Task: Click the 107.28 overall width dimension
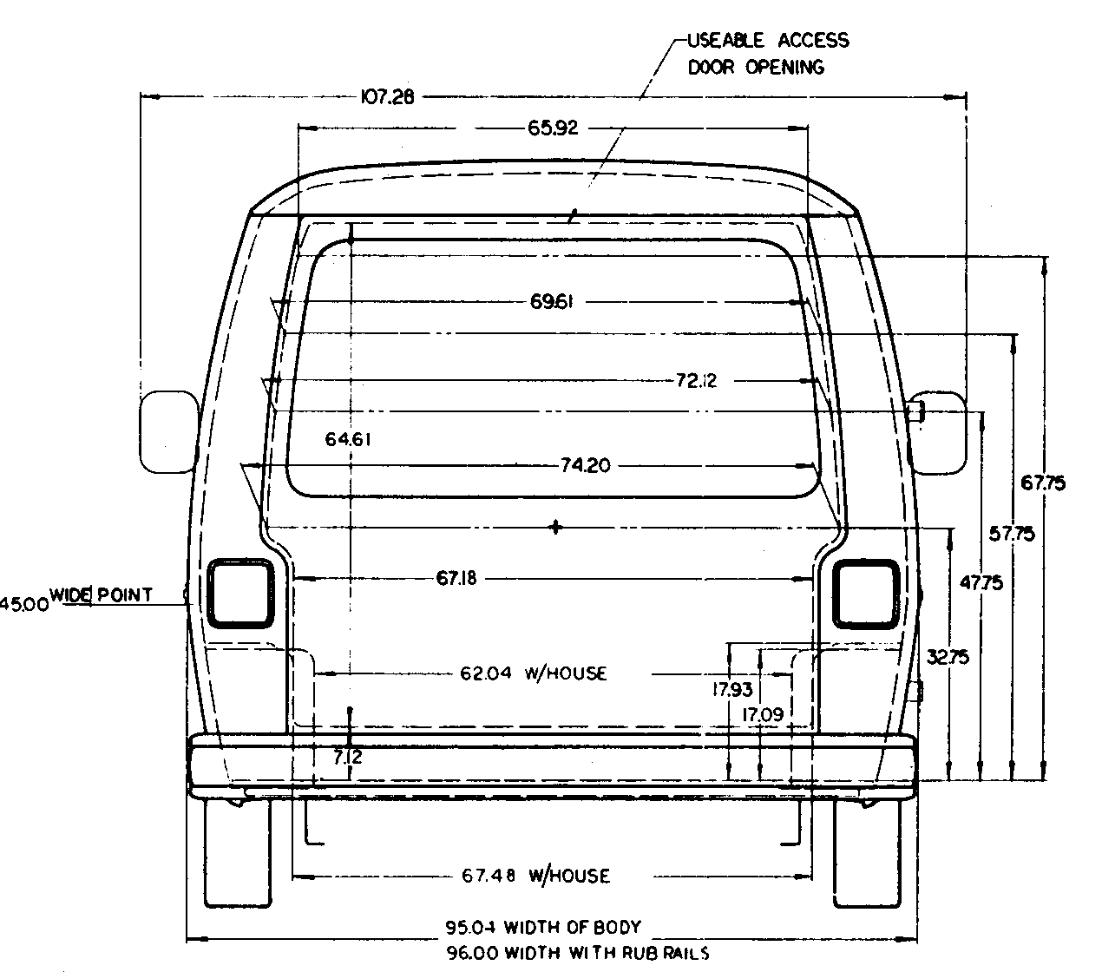click(x=387, y=96)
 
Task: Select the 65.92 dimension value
click(x=553, y=128)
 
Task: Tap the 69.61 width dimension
click(x=553, y=302)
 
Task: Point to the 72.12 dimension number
click(x=696, y=380)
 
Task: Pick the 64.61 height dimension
click(x=349, y=439)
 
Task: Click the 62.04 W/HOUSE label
click(x=533, y=673)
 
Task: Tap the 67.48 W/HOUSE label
click(x=535, y=876)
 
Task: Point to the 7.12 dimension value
click(x=348, y=757)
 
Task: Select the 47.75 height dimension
click(x=981, y=583)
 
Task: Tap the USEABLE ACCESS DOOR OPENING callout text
click(x=767, y=54)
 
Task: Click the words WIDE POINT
click(x=102, y=594)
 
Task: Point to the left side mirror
click(x=168, y=432)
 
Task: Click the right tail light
click(x=865, y=593)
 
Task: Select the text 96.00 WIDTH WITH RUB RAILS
click(x=577, y=953)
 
